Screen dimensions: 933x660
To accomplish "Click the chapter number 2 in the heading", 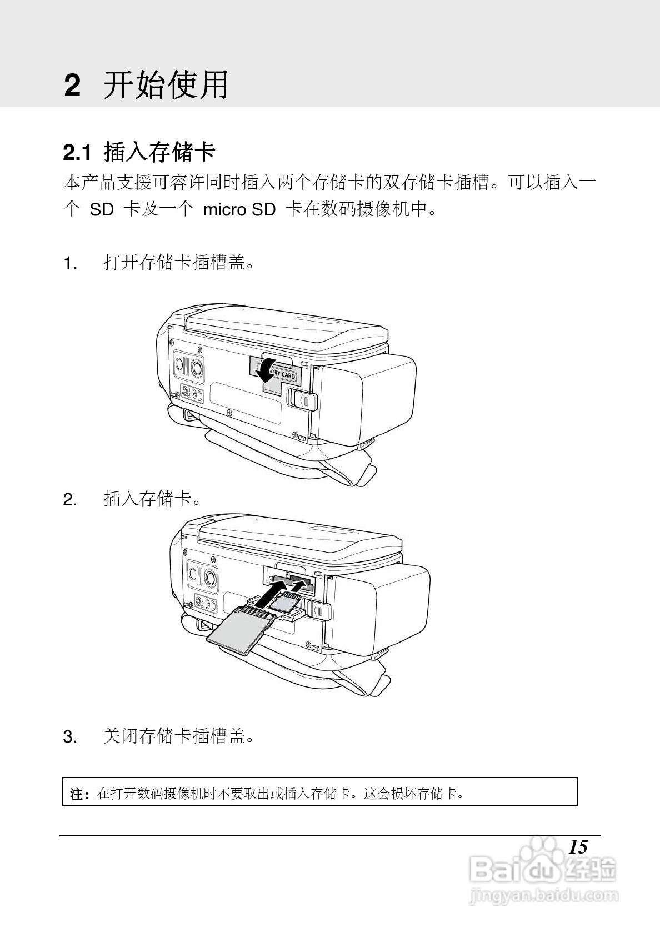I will click(72, 86).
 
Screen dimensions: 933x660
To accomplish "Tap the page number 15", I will click(578, 847).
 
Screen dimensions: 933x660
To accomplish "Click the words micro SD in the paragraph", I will click(239, 210).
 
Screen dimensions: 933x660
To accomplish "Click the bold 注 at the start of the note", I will click(77, 794).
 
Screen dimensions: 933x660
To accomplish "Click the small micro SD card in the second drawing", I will click(286, 602).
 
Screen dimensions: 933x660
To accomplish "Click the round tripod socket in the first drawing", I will click(196, 367).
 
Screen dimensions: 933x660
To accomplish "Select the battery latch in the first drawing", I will click(301, 399).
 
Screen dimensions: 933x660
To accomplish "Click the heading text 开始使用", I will click(166, 86).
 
